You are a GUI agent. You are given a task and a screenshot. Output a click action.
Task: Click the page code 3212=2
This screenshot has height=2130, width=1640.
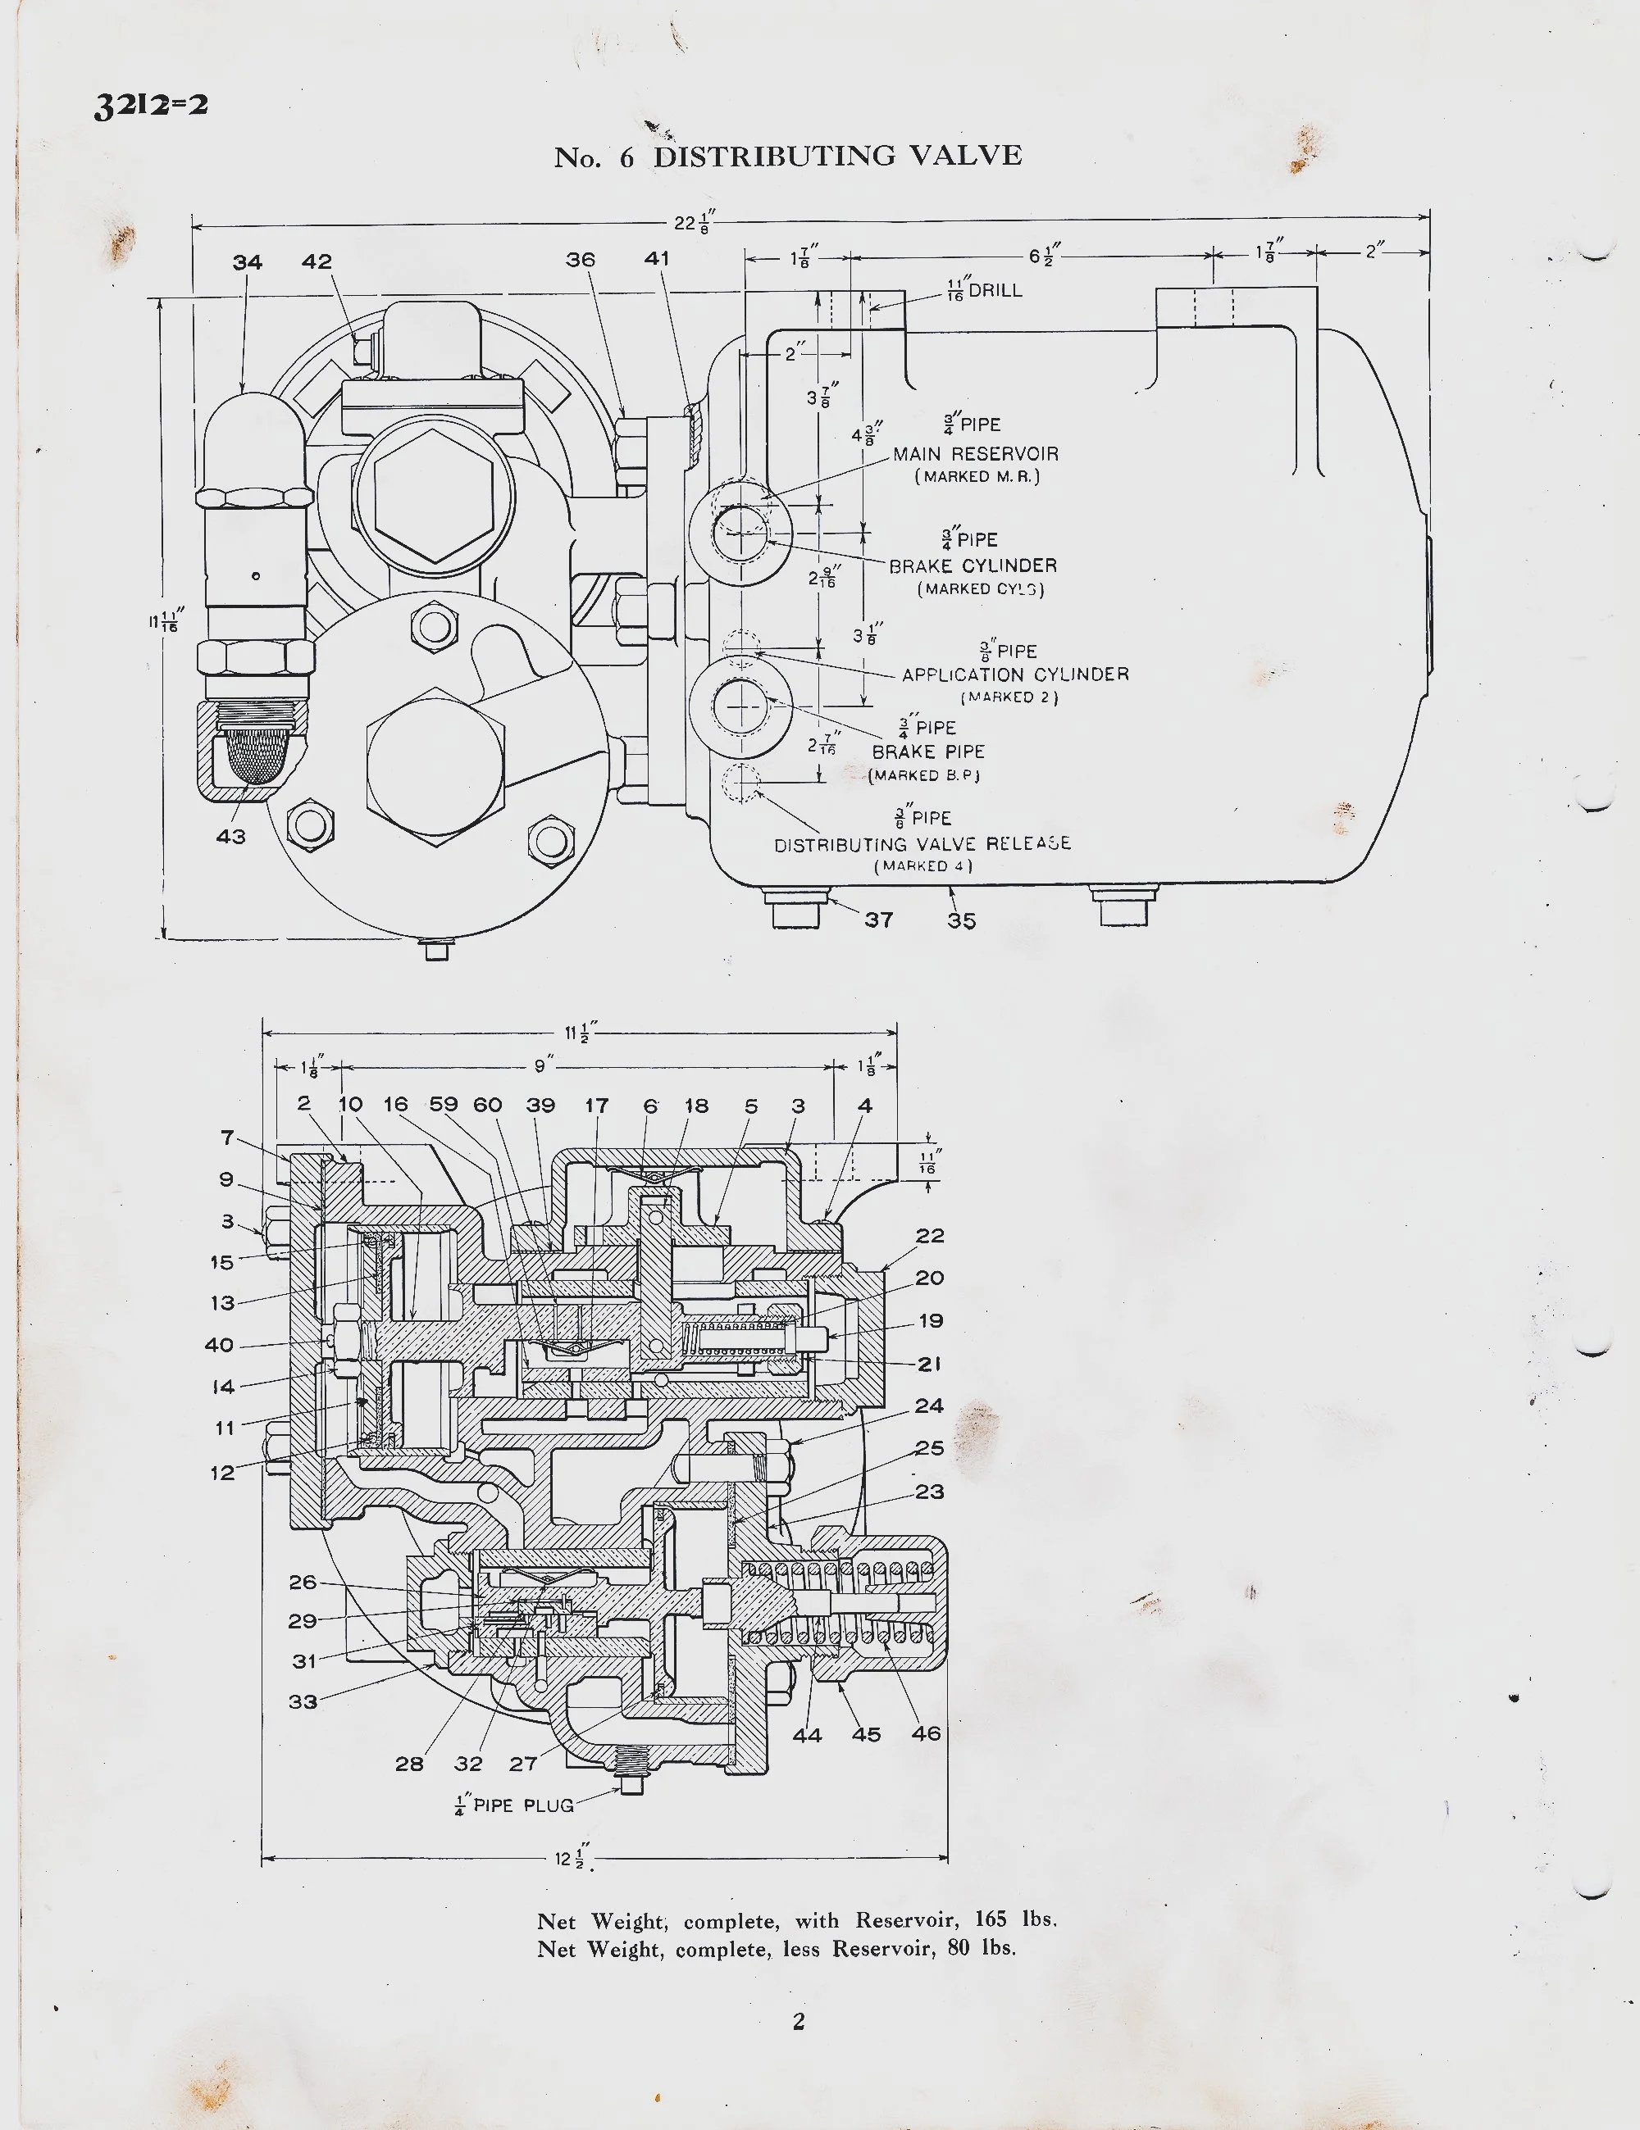(150, 103)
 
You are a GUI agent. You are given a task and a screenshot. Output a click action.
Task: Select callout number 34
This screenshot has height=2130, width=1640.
(248, 262)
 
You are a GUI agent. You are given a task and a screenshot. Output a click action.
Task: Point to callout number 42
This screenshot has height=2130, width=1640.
(317, 261)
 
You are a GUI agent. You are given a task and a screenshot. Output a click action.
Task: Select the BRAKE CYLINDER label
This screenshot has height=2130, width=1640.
(972, 565)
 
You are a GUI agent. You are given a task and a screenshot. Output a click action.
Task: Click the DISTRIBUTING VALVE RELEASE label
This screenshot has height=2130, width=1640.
(922, 843)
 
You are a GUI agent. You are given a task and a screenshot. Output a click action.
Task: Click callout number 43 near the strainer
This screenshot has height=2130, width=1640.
(231, 836)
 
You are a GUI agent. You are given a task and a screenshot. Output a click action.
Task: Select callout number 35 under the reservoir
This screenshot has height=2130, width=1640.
(961, 920)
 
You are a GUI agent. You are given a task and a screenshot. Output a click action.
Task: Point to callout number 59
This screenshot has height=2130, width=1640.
(444, 1105)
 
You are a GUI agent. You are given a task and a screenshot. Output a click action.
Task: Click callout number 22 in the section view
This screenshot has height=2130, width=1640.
(930, 1236)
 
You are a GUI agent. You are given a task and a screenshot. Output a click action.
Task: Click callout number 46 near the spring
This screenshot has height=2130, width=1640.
(926, 1733)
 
